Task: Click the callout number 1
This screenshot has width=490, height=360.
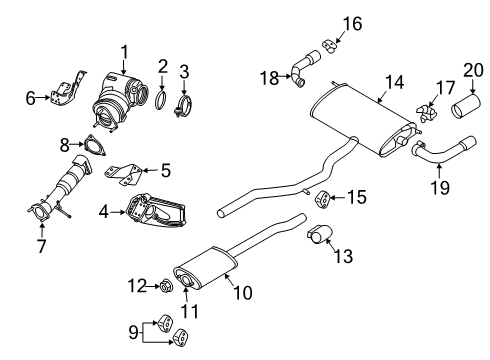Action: point(125,51)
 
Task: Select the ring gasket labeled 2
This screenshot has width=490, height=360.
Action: point(161,99)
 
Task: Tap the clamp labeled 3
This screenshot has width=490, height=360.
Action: point(185,102)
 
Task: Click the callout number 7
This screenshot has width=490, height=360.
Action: point(40,246)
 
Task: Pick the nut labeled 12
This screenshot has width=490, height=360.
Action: point(166,288)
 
